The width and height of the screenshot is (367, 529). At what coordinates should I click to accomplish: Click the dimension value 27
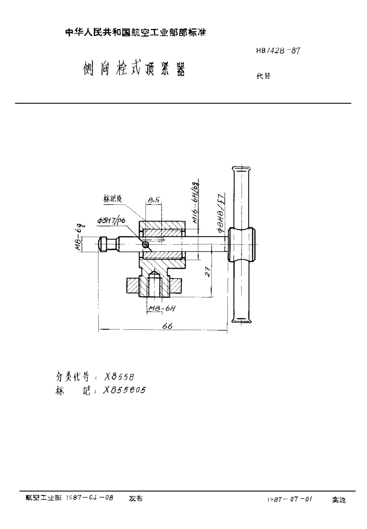coord(209,272)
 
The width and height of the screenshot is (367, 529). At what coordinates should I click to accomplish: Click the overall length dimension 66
coord(167,326)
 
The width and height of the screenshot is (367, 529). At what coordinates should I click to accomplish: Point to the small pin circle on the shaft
coord(144,245)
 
